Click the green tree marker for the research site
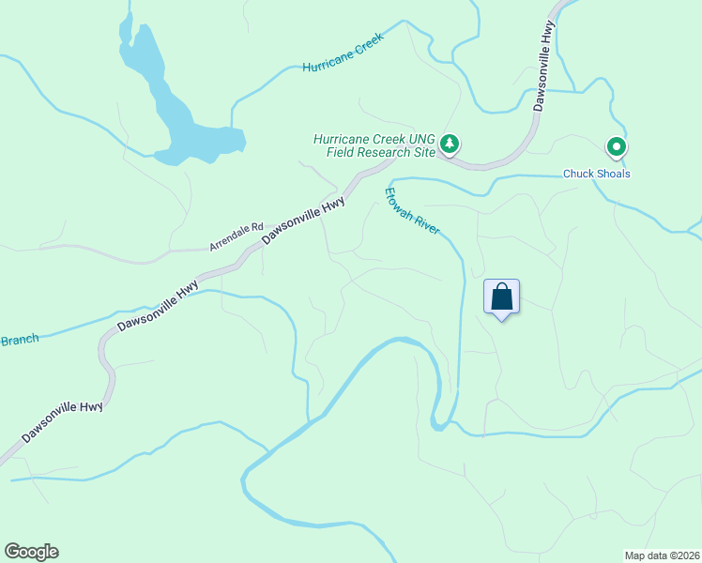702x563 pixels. (451, 144)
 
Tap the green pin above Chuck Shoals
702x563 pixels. (616, 146)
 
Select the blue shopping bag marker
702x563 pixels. (502, 297)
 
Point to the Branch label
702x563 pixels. (19, 340)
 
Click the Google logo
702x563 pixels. (31, 552)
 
